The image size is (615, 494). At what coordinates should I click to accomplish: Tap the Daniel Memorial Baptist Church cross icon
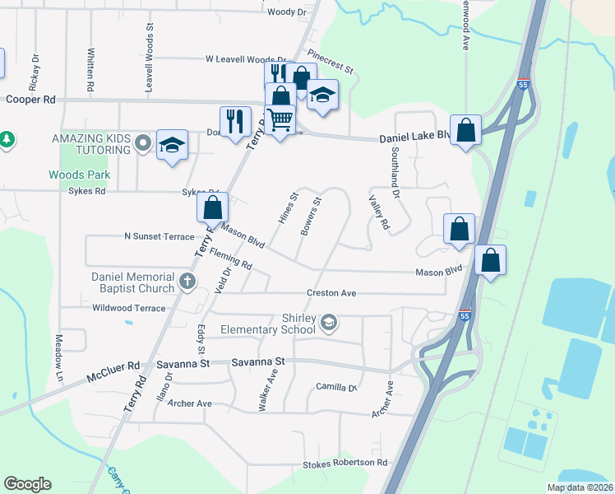187,282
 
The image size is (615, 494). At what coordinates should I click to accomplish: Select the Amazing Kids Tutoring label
91,144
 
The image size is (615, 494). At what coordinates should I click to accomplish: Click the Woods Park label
79,175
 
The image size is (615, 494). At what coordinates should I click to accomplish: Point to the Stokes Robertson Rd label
345,464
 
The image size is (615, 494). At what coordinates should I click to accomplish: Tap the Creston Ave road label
331,293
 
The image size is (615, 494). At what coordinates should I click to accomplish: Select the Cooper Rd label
30,99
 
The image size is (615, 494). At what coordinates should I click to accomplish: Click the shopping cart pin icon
280,120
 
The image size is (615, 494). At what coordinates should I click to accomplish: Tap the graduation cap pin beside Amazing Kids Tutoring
172,146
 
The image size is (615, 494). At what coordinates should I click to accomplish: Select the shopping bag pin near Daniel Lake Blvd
465,129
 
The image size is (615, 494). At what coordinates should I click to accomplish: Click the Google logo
27,484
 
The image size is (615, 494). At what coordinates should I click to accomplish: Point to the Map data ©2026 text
580,487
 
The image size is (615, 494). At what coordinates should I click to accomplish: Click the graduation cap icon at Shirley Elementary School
329,321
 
